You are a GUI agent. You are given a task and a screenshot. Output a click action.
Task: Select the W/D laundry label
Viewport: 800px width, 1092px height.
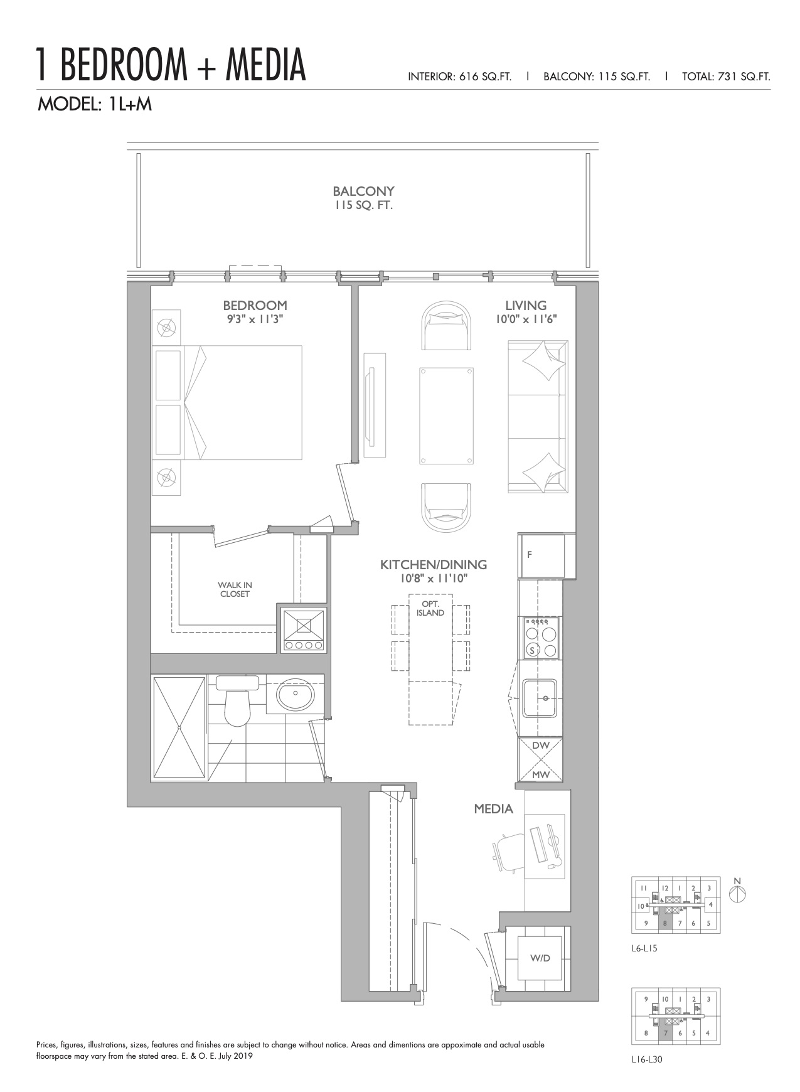[540, 958]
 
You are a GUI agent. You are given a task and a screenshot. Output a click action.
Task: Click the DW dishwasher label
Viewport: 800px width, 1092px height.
[540, 745]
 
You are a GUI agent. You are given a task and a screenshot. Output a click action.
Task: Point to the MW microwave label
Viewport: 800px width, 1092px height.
[540, 774]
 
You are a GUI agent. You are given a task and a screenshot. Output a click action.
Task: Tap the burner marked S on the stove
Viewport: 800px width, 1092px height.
[532, 650]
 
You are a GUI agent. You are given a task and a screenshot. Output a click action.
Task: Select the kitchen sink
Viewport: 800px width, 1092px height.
[540, 698]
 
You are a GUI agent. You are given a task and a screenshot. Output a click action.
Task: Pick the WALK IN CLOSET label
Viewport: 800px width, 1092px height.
[235, 589]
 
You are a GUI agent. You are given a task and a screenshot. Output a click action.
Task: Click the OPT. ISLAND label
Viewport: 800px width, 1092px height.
[430, 608]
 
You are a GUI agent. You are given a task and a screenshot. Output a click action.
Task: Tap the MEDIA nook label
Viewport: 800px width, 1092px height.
[493, 809]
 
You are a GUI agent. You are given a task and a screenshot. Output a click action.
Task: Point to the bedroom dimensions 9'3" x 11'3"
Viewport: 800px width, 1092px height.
[255, 319]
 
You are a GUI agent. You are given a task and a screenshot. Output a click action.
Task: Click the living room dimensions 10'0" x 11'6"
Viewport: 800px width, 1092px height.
[526, 319]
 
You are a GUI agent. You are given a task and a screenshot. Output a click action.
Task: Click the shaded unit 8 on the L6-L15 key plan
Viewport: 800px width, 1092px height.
[664, 921]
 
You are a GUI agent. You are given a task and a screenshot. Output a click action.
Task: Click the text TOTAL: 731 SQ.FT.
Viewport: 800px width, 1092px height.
[726, 77]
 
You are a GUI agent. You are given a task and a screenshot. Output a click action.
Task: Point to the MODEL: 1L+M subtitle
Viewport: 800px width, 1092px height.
[95, 104]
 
